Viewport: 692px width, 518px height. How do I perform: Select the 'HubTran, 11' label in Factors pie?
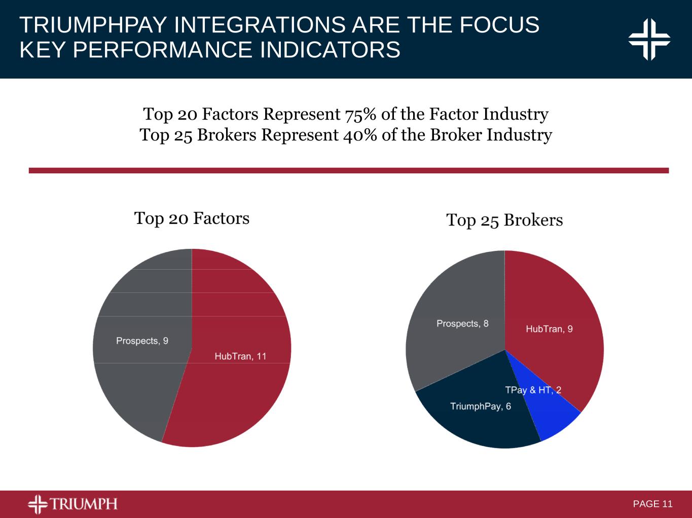tap(240, 356)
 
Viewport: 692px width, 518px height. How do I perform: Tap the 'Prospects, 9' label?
tap(142, 341)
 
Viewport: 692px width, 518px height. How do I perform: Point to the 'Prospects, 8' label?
tap(462, 323)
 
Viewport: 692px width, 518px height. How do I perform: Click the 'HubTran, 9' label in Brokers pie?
tap(549, 329)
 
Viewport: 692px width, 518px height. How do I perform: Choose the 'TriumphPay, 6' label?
tap(481, 406)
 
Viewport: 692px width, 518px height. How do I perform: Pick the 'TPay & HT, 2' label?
tap(533, 390)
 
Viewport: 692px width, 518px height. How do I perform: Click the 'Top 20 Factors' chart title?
tap(192, 218)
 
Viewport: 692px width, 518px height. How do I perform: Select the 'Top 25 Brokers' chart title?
tap(504, 220)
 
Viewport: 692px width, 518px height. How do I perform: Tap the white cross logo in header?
tap(649, 40)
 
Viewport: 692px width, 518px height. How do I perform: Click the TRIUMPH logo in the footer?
tap(72, 504)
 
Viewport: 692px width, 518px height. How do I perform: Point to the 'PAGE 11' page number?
tap(652, 504)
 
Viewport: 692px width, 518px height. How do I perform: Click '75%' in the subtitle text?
tap(360, 115)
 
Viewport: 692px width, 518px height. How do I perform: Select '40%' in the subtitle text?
tap(359, 135)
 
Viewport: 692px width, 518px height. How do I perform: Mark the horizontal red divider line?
tap(349, 171)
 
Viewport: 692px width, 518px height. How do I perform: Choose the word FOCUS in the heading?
tap(499, 25)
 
